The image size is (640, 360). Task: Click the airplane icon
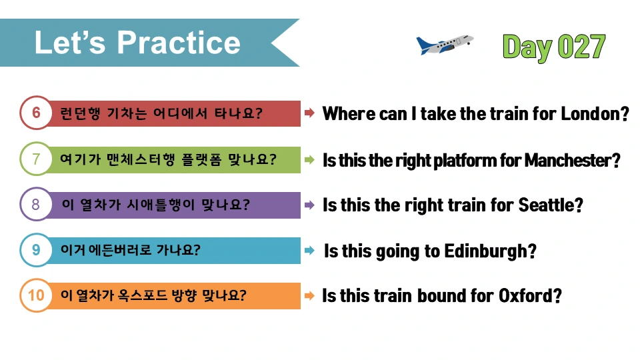[445, 45]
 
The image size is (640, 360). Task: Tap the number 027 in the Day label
[581, 47]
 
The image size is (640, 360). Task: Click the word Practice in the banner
[179, 43]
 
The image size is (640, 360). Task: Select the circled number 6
[36, 113]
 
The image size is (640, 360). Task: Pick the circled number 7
[36, 159]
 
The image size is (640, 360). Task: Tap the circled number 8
[36, 204]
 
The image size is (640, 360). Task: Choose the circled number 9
[36, 250]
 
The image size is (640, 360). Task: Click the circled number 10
[36, 295]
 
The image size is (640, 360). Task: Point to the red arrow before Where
[310, 113]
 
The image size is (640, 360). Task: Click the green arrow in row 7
[310, 159]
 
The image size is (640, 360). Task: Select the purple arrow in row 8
[310, 205]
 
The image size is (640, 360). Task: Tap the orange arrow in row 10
[310, 295]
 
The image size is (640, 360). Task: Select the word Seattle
[546, 205]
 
